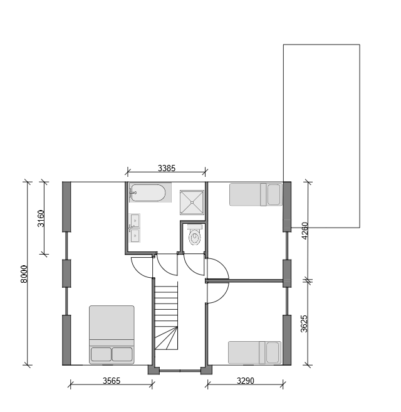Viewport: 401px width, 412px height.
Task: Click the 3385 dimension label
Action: tap(167, 168)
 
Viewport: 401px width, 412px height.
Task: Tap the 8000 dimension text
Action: tap(24, 274)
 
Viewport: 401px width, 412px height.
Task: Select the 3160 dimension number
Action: tap(41, 218)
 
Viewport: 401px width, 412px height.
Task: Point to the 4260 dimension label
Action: tap(305, 231)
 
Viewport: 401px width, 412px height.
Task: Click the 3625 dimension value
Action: tap(304, 324)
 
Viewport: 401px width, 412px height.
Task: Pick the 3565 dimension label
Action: tap(112, 381)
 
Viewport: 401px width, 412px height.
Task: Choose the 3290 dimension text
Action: tap(246, 381)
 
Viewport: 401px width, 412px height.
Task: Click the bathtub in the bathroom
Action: tap(148, 193)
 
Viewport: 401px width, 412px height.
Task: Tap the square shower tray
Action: tap(192, 203)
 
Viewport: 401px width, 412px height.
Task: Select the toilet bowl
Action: tap(195, 236)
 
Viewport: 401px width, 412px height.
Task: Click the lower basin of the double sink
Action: tap(135, 235)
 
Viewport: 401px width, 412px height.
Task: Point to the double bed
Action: tap(112, 334)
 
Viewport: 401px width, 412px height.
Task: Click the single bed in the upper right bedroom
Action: tap(256, 194)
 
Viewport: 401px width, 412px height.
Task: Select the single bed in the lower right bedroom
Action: tap(255, 352)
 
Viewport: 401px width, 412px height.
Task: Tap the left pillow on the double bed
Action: tap(101, 354)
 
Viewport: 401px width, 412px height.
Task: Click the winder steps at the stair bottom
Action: tap(166, 338)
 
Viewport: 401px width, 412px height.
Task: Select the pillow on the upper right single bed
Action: tap(274, 194)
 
